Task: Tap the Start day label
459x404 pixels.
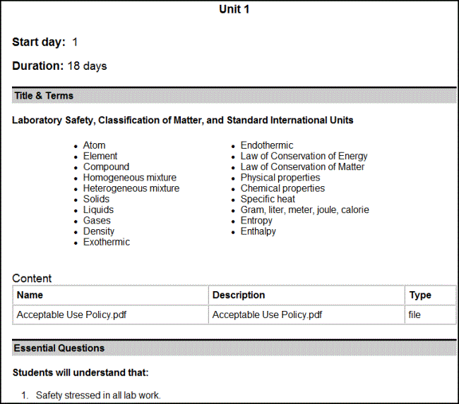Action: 39,42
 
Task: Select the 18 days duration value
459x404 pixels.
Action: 88,66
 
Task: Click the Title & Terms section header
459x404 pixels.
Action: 44,96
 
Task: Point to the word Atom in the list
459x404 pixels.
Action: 94,145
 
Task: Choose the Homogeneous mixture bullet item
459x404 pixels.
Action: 129,178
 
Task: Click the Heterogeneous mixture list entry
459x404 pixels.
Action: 131,188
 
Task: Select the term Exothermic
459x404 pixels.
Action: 106,242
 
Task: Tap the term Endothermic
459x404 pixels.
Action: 266,145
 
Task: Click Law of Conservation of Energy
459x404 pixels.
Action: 304,156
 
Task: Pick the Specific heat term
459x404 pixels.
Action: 268,199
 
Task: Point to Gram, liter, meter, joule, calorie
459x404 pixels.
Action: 304,209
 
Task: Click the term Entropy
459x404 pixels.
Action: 256,221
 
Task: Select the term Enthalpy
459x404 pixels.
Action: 258,231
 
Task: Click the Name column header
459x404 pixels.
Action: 30,295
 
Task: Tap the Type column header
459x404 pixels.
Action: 419,295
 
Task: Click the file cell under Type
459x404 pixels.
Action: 415,314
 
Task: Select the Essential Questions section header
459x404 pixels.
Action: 59,348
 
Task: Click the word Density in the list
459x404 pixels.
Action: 98,231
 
